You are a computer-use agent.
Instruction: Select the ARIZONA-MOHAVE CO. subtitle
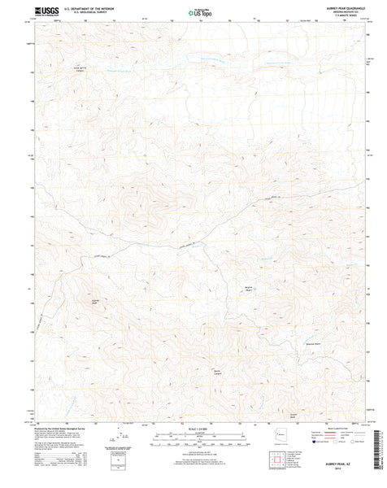pyautogui.click(x=341, y=12)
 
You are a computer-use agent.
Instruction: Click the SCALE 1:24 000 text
pyautogui.click(x=193, y=429)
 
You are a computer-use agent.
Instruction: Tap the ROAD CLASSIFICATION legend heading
pyautogui.click(x=333, y=428)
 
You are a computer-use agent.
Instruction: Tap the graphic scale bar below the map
pyautogui.click(x=193, y=437)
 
